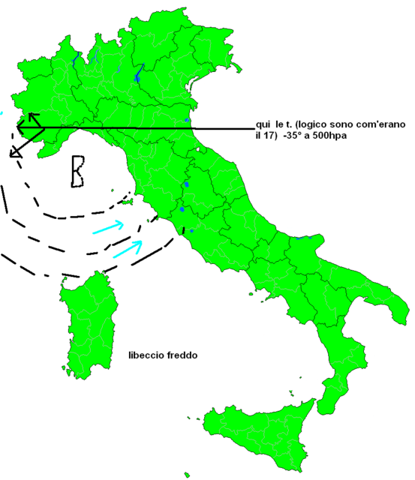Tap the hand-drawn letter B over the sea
click(x=77, y=171)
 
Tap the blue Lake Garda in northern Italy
click(x=137, y=73)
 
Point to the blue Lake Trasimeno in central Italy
click(x=185, y=187)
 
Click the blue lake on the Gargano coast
click(x=303, y=239)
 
